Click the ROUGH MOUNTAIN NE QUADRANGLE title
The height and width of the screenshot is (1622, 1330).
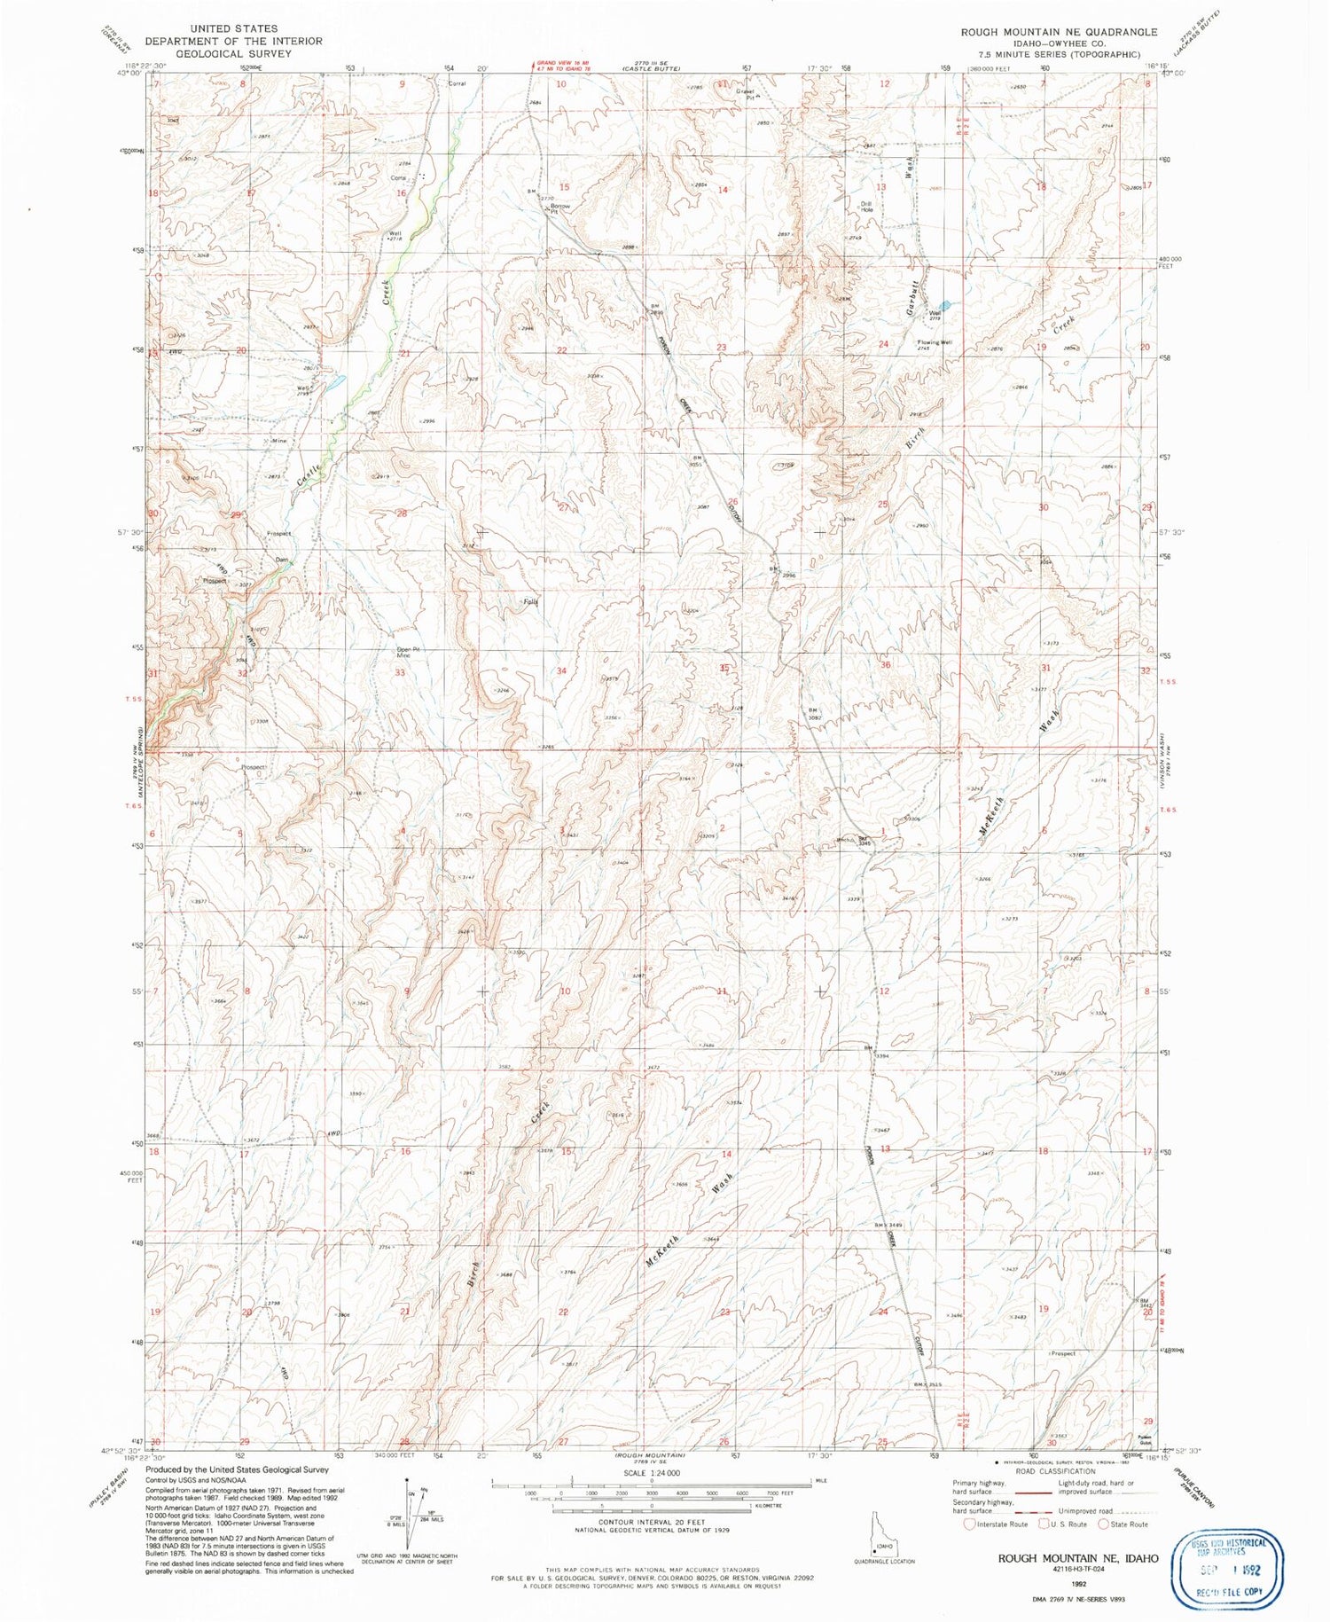1059,32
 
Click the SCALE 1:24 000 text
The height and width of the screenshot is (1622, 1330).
651,1472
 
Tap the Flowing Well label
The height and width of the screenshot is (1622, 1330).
935,342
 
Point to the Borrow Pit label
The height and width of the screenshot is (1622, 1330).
560,208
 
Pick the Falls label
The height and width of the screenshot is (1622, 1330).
530,602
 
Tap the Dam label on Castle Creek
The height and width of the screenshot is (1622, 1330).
281,560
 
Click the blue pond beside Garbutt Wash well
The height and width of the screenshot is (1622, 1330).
945,304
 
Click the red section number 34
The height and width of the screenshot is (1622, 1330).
561,670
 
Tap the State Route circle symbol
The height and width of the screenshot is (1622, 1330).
1103,1524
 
